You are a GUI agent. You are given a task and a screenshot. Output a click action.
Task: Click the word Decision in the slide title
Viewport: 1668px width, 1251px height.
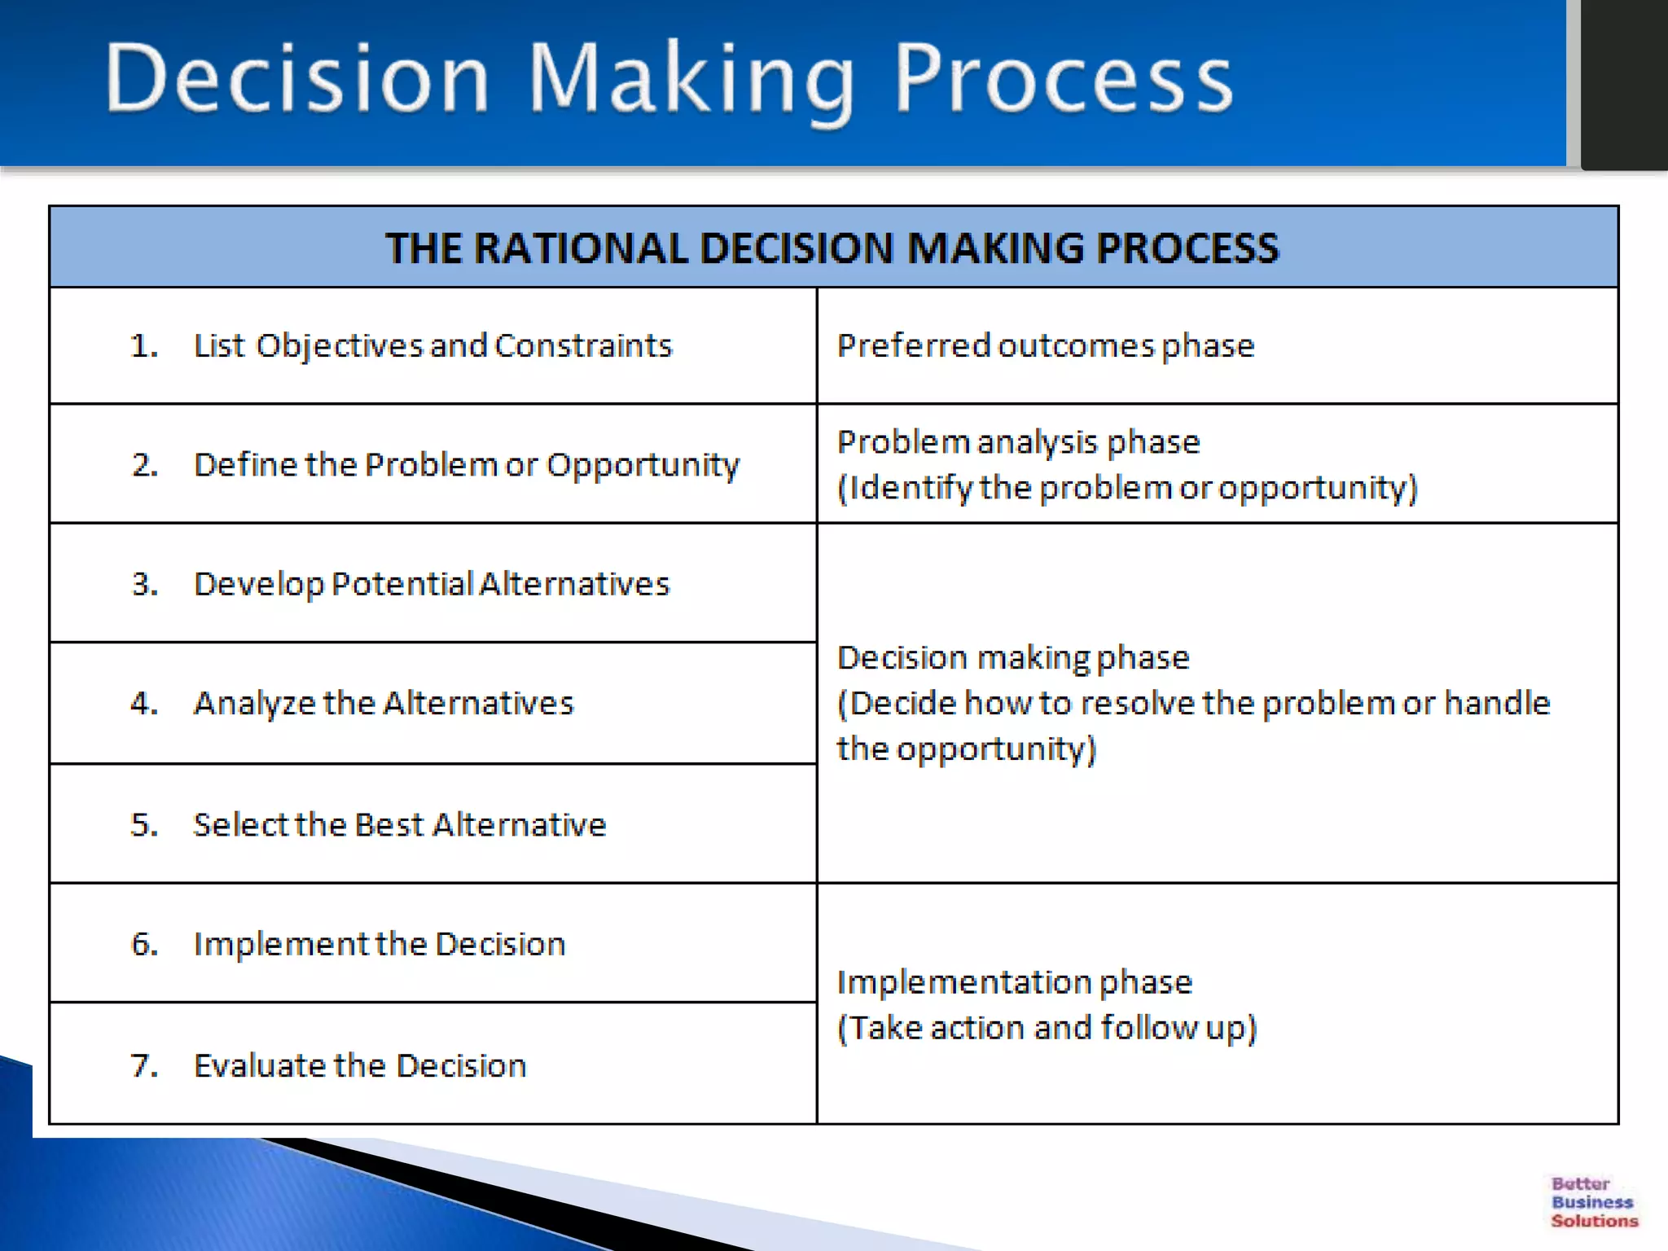pos(297,79)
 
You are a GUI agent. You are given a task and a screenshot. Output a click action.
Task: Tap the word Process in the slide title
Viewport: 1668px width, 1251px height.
pos(1063,79)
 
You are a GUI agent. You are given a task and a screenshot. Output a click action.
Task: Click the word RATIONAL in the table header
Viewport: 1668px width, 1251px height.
pos(582,248)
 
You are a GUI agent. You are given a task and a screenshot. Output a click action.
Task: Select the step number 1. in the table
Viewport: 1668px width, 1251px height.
pos(144,346)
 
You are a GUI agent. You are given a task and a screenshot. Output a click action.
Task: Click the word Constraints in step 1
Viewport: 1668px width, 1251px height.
pos(583,345)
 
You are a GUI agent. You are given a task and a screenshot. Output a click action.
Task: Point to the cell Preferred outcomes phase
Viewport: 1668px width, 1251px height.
pos(1045,346)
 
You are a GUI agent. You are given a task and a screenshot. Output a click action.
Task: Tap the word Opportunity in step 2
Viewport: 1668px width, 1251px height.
pos(642,465)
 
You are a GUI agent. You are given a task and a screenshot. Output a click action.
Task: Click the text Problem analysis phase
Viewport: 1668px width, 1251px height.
pos(1018,442)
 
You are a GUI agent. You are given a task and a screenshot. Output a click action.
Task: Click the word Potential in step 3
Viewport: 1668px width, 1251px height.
pos(402,584)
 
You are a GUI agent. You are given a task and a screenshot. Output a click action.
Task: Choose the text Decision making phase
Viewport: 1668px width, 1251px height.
pos(1013,657)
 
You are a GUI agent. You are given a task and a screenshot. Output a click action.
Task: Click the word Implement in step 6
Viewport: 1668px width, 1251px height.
pos(281,944)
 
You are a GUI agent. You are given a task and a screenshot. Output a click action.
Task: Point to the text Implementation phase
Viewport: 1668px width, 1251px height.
pos(1014,982)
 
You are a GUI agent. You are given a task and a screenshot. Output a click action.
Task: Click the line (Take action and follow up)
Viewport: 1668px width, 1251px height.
pos(1047,1028)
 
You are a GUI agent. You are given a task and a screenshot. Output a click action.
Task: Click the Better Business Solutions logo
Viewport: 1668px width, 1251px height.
pos(1593,1202)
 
